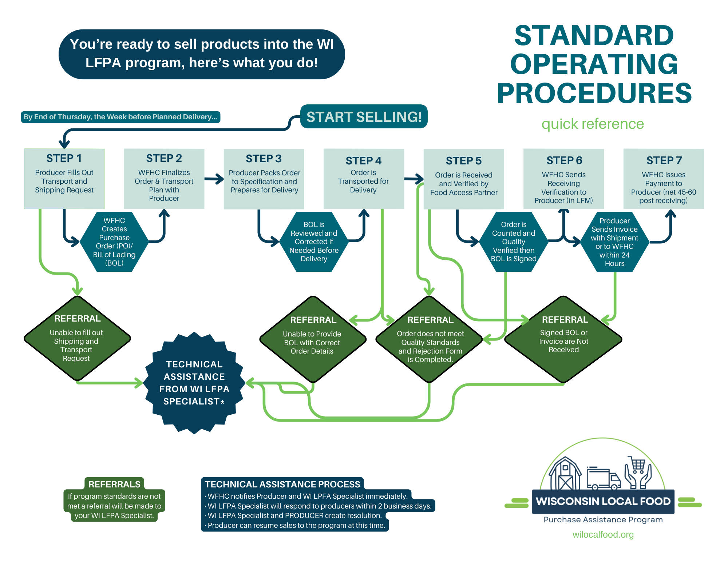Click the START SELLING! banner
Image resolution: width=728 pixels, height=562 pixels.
364,117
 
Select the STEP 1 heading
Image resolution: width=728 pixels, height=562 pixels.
64,158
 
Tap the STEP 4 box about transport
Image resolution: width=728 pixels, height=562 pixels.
364,178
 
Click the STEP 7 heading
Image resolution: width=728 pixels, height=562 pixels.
664,160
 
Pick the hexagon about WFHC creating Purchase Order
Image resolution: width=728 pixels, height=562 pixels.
114,242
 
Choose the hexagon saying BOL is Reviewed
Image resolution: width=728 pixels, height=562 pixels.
314,242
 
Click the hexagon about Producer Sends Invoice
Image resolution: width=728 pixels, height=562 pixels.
614,242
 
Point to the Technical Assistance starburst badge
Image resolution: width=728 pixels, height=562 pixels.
194,383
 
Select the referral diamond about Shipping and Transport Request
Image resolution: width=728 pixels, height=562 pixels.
77,339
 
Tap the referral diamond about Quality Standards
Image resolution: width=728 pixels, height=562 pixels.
430,339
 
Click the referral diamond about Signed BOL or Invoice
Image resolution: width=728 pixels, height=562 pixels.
563,339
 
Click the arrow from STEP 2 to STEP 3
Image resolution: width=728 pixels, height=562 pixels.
214,179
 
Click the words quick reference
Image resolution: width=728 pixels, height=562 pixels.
593,124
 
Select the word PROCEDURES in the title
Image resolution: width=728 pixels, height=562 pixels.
594,93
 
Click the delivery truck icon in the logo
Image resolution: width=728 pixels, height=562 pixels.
603,478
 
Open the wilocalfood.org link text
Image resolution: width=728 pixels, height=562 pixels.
603,534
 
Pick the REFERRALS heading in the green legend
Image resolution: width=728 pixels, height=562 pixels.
114,484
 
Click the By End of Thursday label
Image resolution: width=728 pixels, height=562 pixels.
120,117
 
